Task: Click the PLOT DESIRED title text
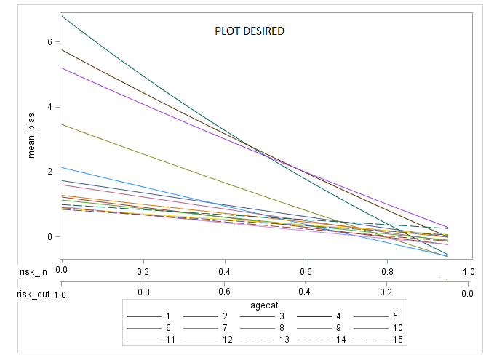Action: pos(249,31)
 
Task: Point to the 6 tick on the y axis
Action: pos(50,41)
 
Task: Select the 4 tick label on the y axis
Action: pos(50,107)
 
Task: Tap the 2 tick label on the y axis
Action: pos(50,172)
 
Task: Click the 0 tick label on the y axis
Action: pos(50,236)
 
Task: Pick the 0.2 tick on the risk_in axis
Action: pos(144,271)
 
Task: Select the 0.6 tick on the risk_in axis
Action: pos(306,271)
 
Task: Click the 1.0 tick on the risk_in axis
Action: pos(469,271)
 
